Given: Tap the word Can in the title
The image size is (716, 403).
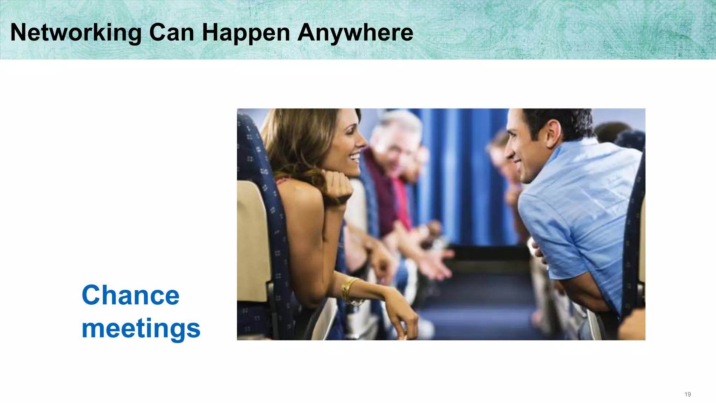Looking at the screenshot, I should pos(171,33).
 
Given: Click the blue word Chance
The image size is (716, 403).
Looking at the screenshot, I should pos(130,295).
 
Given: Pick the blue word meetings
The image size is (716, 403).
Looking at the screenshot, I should pos(141,329).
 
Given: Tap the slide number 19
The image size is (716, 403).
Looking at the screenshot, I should pos(687,394).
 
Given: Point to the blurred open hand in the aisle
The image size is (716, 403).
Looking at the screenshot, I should pos(434,262).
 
